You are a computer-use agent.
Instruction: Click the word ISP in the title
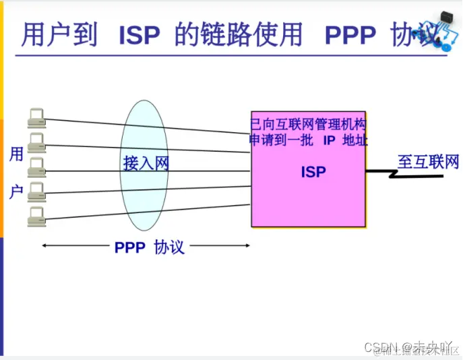140,36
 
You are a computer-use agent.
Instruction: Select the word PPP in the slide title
350,36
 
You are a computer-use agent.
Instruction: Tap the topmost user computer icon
36,118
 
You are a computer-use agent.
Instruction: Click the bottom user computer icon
36,216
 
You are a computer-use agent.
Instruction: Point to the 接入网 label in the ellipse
145,163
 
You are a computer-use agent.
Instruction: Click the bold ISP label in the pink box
313,172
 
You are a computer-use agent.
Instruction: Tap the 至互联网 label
428,162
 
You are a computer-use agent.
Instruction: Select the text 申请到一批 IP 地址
309,140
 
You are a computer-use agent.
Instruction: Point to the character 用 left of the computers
16,154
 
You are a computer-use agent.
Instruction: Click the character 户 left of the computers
16,191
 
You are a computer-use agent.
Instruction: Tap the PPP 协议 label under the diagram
149,247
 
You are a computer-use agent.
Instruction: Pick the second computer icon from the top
36,142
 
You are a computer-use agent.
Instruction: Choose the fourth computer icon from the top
36,191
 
